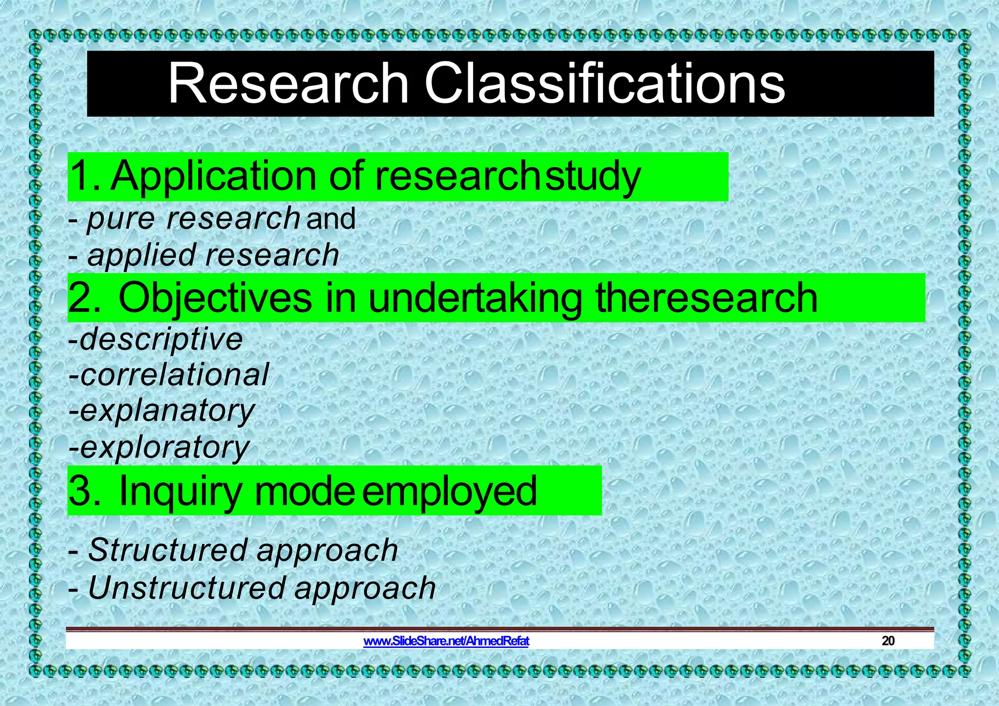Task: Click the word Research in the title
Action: [x=288, y=84]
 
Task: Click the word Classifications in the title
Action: [x=605, y=84]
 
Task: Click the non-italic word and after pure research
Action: [x=331, y=218]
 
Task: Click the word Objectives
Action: [x=215, y=298]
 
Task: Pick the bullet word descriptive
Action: [x=160, y=339]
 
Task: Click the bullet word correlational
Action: [x=174, y=375]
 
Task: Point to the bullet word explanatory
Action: [x=167, y=412]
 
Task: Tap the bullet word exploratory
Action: [x=164, y=448]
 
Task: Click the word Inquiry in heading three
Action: [x=180, y=491]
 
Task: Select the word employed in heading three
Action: [x=449, y=491]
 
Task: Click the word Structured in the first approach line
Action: [x=168, y=550]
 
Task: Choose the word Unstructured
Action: [x=186, y=588]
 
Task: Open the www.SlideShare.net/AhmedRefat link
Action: [x=446, y=641]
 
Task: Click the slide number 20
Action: [x=888, y=641]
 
